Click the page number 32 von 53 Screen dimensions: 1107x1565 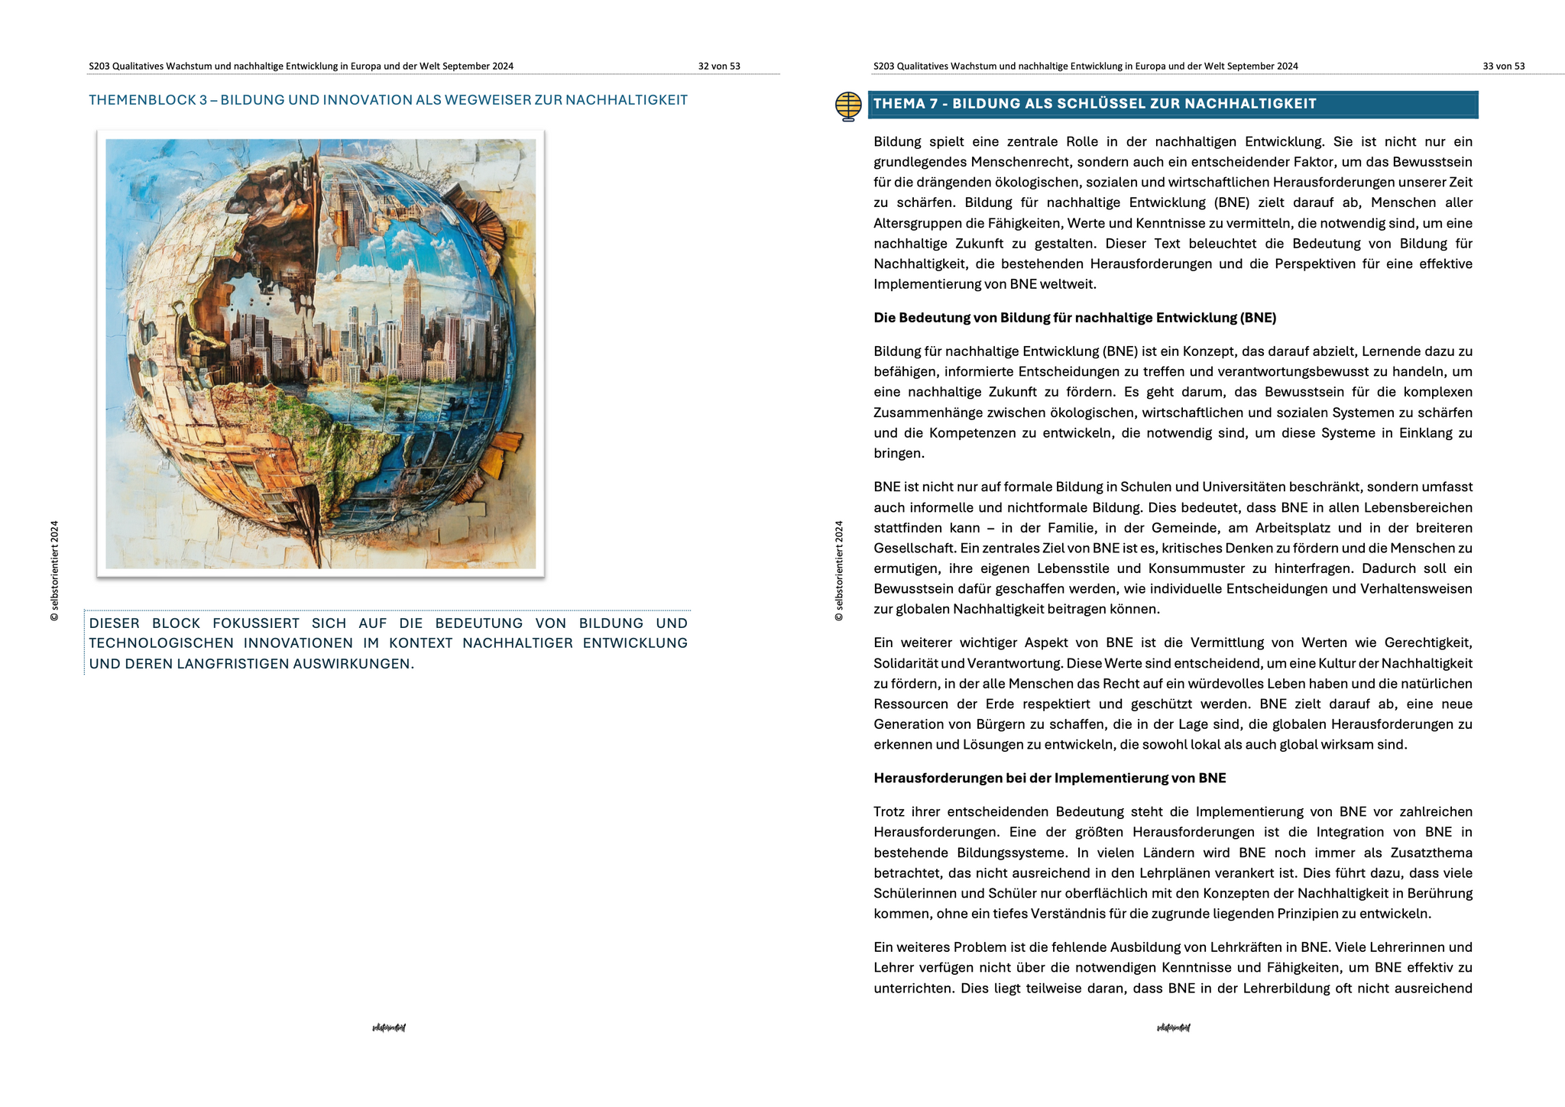pos(718,66)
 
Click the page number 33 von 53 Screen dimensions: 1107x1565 pos(1503,66)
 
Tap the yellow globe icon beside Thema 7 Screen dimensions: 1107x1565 pos(848,106)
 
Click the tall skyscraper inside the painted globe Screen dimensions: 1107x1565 pos(412,313)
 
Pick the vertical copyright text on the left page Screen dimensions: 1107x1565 pos(54,571)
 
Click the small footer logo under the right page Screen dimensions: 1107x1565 pos(1173,1028)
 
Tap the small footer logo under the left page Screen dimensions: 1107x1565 pos(388,1028)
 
